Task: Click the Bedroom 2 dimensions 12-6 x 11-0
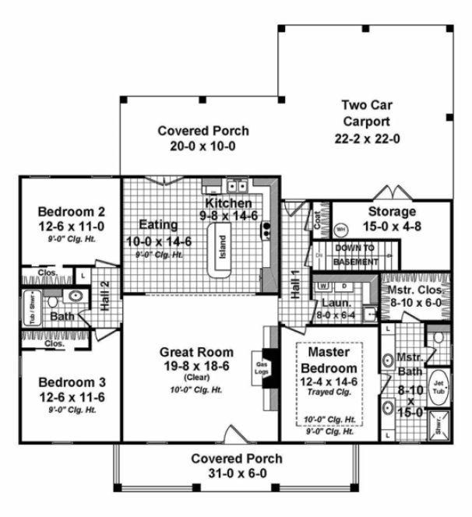coord(72,225)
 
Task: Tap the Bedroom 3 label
coord(71,383)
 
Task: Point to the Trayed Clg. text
coord(328,392)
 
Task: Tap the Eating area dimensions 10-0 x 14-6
coord(159,241)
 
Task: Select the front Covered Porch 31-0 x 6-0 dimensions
coord(237,473)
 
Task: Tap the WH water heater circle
coord(340,230)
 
